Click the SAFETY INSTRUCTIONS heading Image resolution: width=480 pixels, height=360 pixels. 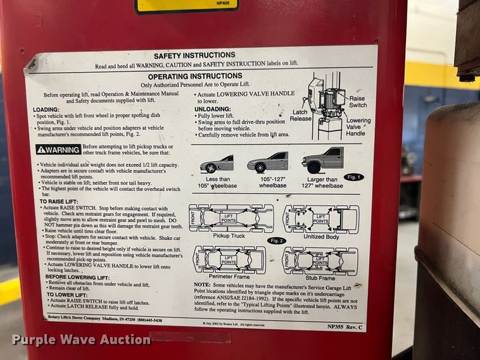[x=194, y=55]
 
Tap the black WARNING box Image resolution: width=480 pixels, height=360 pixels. [x=58, y=150]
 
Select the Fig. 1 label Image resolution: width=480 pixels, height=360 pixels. [x=354, y=177]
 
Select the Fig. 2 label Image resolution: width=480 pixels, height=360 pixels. [x=277, y=240]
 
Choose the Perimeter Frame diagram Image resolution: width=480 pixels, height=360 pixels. [x=230, y=259]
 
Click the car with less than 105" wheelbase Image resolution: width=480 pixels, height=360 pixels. [x=217, y=164]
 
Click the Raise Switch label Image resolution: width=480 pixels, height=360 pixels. [x=358, y=102]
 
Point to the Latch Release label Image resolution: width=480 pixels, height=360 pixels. [x=301, y=115]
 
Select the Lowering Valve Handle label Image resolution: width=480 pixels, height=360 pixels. [x=358, y=127]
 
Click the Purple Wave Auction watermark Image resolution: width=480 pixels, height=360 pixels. [x=81, y=340]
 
